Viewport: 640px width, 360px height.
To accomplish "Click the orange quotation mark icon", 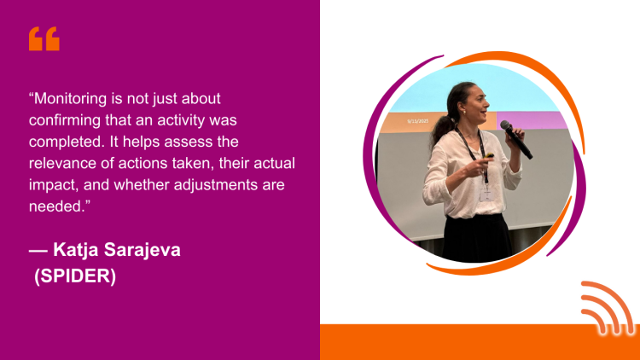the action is pyautogui.click(x=44, y=38).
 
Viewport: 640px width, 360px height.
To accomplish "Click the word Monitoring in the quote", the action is pyautogui.click(x=70, y=99).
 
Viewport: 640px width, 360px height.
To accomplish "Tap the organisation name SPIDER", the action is pyautogui.click(x=75, y=276).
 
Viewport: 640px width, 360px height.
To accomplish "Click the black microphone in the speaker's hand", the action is pyautogui.click(x=516, y=139).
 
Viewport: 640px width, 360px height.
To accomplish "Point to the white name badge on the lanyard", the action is pyautogui.click(x=487, y=194).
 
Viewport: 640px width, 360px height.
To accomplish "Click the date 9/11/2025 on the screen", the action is pyautogui.click(x=418, y=121).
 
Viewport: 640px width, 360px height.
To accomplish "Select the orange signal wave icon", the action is pyautogui.click(x=607, y=308).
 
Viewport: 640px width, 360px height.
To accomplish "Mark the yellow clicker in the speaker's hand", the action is pyautogui.click(x=489, y=155).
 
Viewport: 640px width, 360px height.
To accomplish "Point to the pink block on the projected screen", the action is pyautogui.click(x=532, y=120).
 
